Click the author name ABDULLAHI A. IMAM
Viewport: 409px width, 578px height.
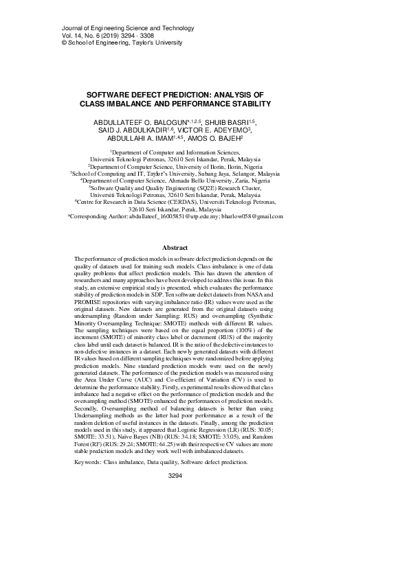tap(136, 137)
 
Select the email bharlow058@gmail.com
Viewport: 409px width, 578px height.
tap(251, 216)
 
